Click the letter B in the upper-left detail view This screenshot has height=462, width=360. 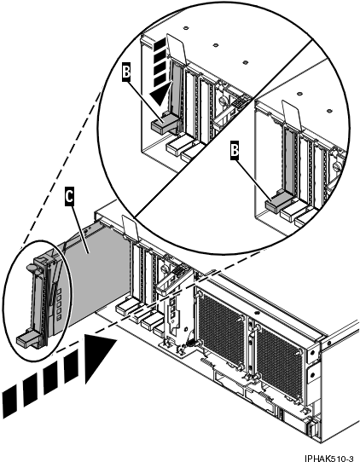(x=127, y=74)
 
